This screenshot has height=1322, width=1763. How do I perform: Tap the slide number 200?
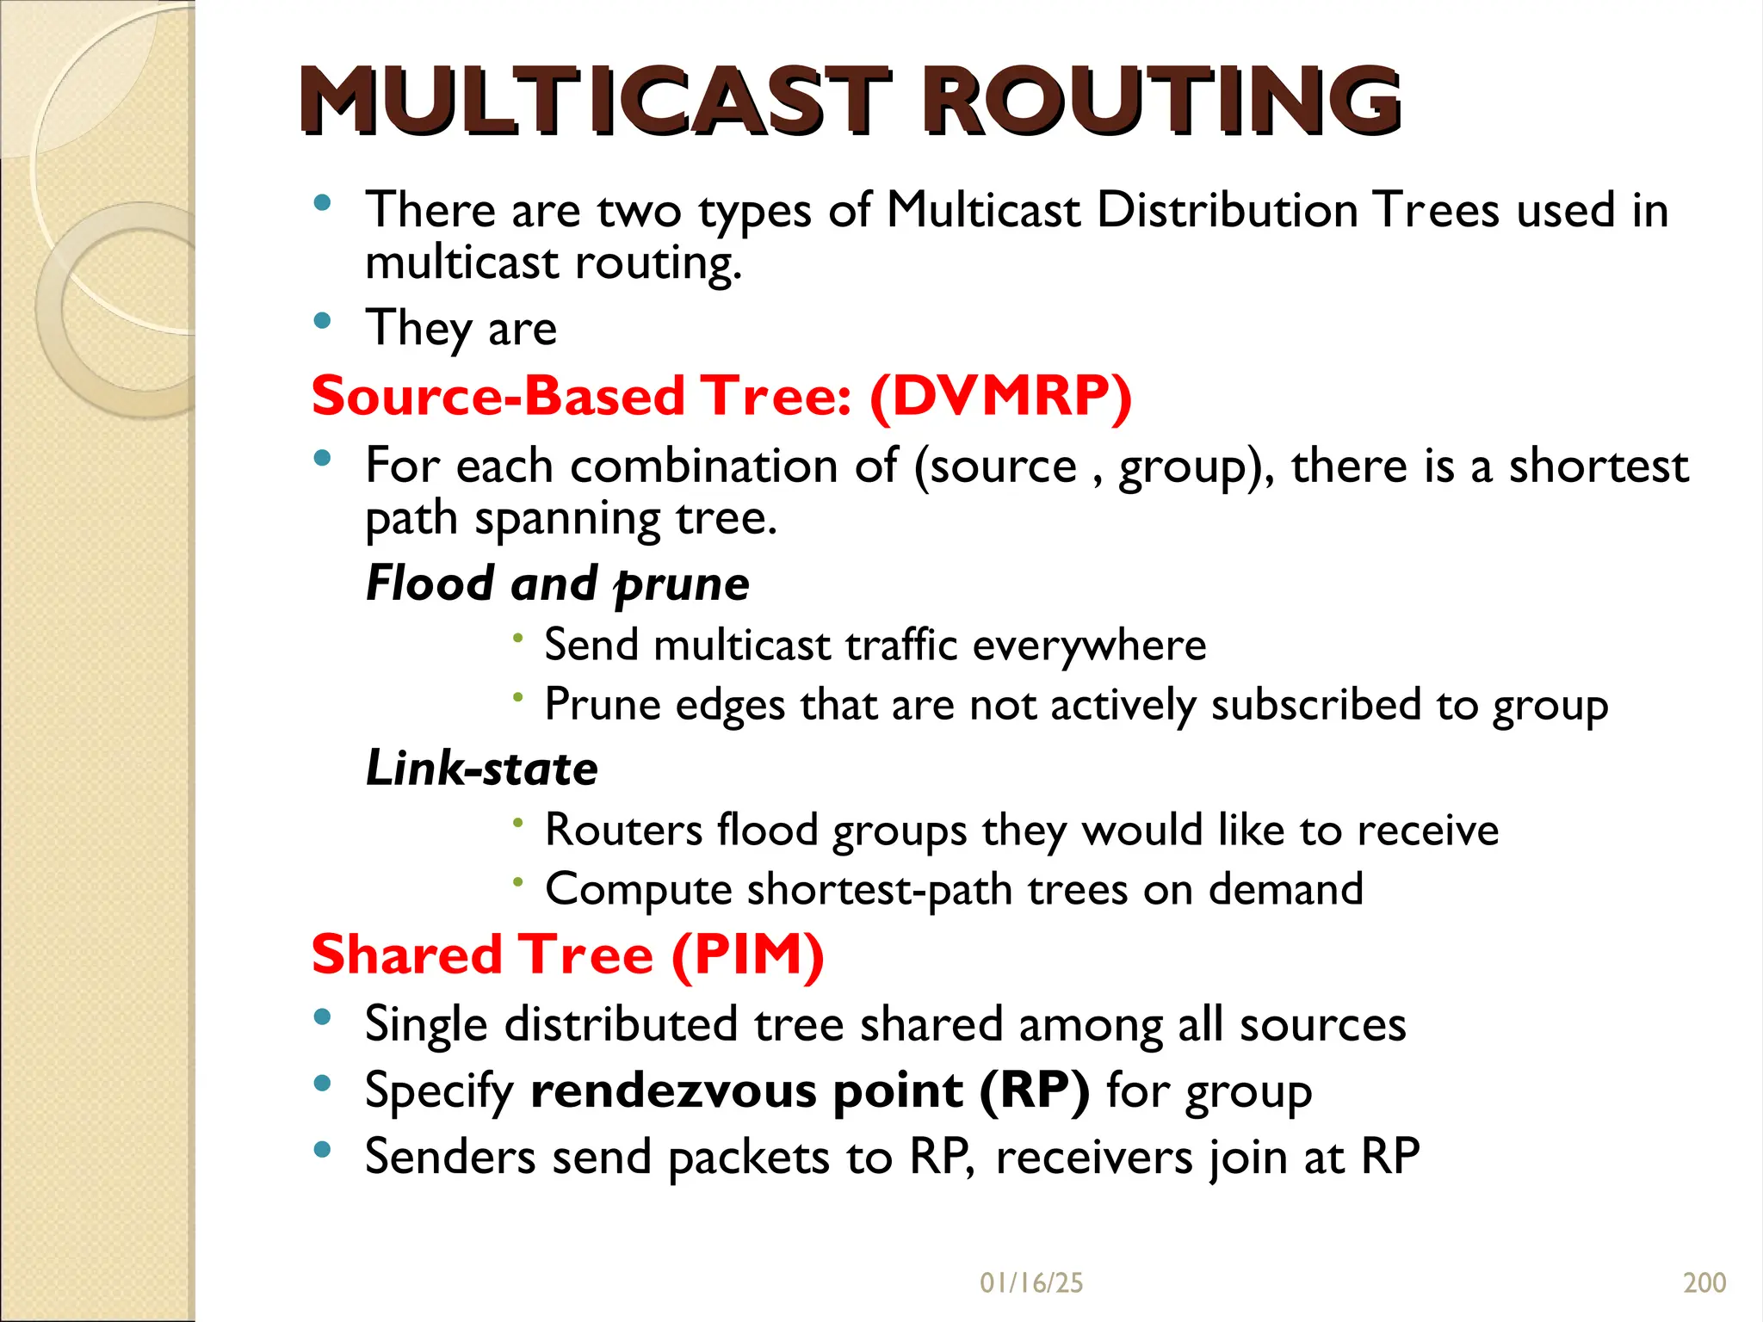coord(1704,1283)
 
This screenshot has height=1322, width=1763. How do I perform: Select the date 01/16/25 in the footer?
coord(1031,1283)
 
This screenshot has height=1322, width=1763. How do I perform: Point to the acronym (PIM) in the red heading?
coord(747,954)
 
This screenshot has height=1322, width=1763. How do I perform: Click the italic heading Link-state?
coord(481,768)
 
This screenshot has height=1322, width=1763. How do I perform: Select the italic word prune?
coord(682,585)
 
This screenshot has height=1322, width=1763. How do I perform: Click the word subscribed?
coord(1315,705)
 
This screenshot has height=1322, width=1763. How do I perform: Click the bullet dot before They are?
coord(323,321)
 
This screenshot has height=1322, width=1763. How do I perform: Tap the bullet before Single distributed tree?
coord(323,1017)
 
